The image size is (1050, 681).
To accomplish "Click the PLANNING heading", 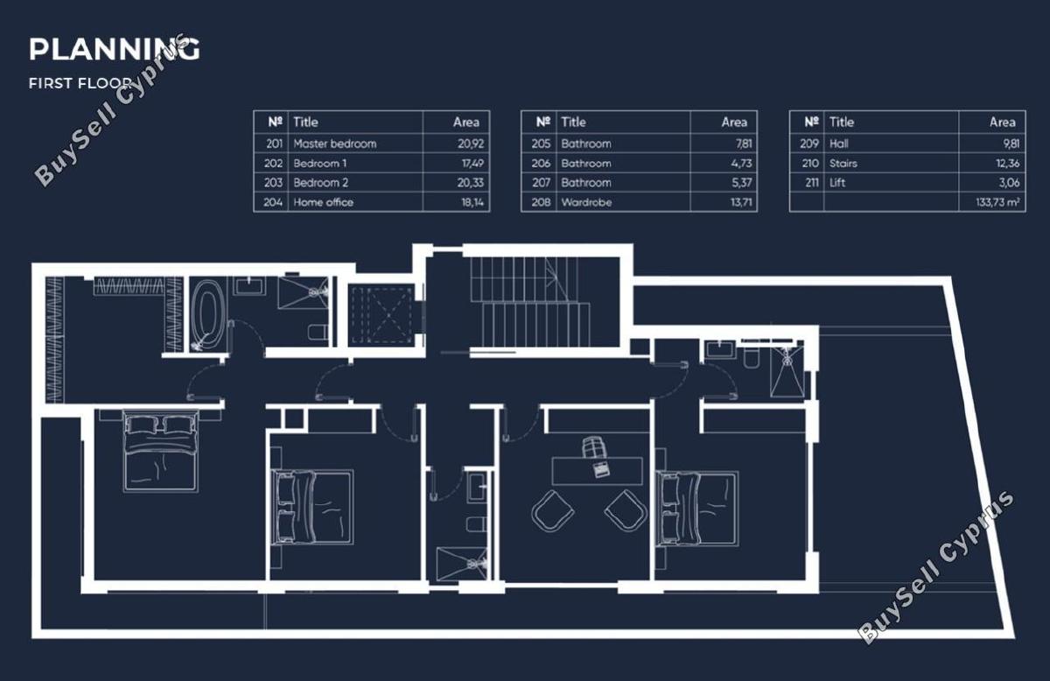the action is click(x=114, y=49).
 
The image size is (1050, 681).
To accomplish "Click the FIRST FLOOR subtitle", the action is click(x=80, y=83).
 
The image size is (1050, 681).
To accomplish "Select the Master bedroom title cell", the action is click(x=334, y=144).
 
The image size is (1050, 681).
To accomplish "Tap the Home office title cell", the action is click(x=323, y=202).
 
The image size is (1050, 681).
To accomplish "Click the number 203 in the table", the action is click(x=273, y=182).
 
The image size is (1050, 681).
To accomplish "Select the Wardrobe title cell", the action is click(x=586, y=202).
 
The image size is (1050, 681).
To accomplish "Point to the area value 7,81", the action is click(x=744, y=144).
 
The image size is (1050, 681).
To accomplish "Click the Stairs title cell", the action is click(x=843, y=163).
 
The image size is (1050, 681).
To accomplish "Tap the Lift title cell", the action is click(x=837, y=182).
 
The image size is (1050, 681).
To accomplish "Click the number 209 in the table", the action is click(x=809, y=144).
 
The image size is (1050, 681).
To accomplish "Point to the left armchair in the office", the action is click(x=553, y=511).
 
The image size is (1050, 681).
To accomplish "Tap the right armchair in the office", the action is click(x=626, y=511).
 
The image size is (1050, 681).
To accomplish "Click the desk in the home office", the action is click(x=597, y=471).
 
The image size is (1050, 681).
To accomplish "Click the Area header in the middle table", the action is click(x=734, y=123).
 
